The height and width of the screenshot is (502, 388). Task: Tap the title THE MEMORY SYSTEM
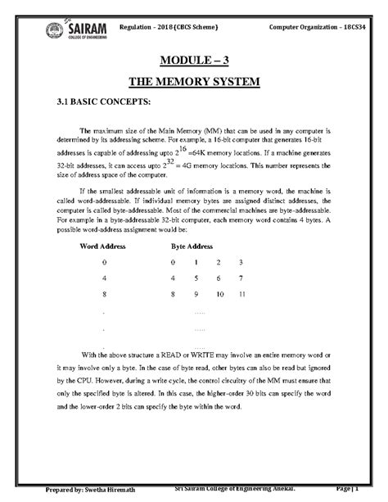pyautogui.click(x=194, y=83)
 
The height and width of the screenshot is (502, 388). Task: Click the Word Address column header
pyautogui.click(x=106, y=246)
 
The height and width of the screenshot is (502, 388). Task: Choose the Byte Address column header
pyautogui.click(x=192, y=246)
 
